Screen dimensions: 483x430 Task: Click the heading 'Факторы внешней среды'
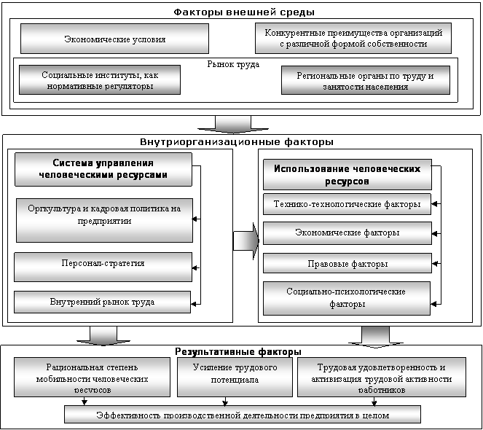coord(244,12)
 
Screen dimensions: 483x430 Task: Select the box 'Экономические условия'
coord(114,39)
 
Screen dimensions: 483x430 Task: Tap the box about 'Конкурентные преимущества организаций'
coord(353,38)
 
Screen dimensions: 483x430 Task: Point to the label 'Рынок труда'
coord(233,64)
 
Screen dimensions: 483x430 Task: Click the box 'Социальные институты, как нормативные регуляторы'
coord(100,80)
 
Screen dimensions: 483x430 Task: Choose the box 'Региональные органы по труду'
coord(366,80)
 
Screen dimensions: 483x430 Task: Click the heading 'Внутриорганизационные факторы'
coord(237,142)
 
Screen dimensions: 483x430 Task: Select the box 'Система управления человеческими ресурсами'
coord(103,169)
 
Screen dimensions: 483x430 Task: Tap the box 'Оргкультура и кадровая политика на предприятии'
coord(104,220)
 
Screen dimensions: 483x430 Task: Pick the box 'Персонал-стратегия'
coord(103,267)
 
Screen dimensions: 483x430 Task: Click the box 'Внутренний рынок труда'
coord(102,302)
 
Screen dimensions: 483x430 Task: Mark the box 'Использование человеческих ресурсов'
coord(347,174)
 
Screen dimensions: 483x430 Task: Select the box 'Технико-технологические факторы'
coord(347,204)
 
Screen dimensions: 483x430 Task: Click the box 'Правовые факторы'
coord(347,263)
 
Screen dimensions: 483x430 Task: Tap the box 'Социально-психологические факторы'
coord(347,298)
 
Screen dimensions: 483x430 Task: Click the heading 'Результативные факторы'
coord(238,352)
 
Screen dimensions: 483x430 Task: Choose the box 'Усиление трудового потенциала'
coord(235,377)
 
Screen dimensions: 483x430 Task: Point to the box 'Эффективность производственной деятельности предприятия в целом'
coord(243,415)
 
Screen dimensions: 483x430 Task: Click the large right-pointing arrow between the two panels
coord(246,241)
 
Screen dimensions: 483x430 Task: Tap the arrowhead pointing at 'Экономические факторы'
coord(434,234)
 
